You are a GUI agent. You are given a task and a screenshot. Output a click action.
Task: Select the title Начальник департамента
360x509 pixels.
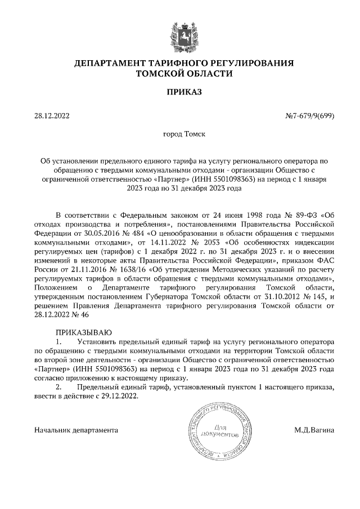(76, 430)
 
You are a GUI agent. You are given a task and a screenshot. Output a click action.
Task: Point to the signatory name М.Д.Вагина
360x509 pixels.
(314, 430)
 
